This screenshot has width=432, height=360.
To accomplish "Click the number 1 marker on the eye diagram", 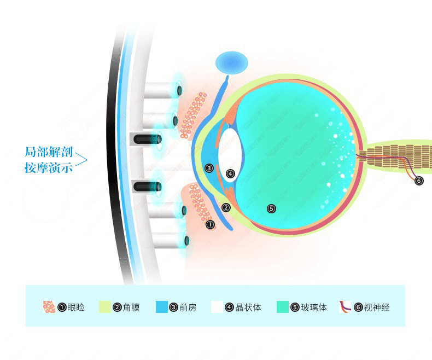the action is point(209,224).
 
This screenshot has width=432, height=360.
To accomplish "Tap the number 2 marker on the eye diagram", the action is point(226,207).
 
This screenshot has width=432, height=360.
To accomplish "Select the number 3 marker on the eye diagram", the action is point(208,168).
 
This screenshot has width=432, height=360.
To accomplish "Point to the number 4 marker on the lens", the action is point(230,173).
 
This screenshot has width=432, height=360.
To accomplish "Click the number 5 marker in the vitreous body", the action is point(271,208).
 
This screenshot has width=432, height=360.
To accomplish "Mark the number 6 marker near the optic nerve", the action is point(419,181).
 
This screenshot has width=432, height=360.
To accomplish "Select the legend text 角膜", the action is point(131,307).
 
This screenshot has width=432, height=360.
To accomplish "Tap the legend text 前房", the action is point(188,307).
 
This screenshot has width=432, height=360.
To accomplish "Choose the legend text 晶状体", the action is point(248,307).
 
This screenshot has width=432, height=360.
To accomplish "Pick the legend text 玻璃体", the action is point(314,307).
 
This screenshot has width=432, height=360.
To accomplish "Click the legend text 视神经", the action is point(377,307).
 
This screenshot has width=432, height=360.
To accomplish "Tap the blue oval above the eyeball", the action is point(231,64).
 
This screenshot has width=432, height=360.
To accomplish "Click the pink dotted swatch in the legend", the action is point(49,307).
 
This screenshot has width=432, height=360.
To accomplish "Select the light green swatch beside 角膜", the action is point(106,307).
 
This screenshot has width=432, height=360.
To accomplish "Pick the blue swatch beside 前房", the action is point(162,307).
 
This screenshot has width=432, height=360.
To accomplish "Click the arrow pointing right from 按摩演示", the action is point(81,159).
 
